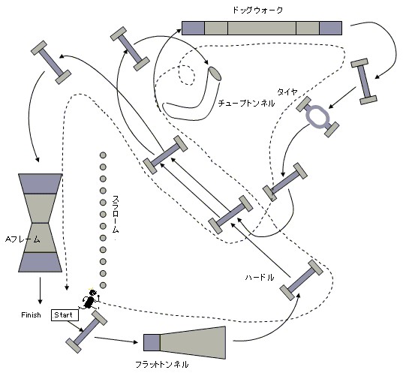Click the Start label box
pos(65,315)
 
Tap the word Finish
pos(31,314)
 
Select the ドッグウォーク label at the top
pos(257,11)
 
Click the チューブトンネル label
pos(246,104)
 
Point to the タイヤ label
pos(287,92)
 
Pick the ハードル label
pos(260,278)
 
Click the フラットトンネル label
pos(161,365)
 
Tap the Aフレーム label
pos(23,239)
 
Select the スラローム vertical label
pos(116,215)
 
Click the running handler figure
pos(90,299)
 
